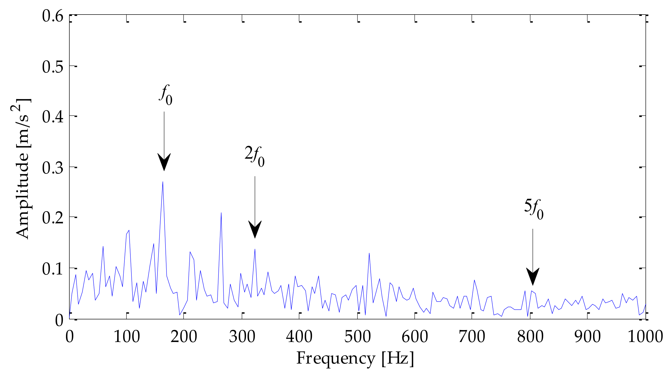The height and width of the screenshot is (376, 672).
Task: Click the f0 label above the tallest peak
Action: (x=166, y=95)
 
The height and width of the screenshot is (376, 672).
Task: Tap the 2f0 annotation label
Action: (x=254, y=156)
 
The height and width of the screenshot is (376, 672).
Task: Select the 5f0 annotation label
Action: (x=534, y=209)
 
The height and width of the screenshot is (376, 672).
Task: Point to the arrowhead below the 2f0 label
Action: (x=255, y=229)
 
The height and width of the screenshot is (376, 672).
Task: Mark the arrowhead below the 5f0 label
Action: (x=533, y=276)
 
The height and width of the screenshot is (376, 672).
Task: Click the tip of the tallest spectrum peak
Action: (x=163, y=182)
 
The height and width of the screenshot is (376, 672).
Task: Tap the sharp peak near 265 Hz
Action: (x=221, y=213)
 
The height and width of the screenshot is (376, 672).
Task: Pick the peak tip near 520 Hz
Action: (x=369, y=253)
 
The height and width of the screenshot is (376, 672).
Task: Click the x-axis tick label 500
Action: (x=357, y=337)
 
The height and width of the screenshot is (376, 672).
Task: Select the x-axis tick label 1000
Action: (x=645, y=337)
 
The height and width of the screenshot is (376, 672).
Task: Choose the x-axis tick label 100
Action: (x=127, y=337)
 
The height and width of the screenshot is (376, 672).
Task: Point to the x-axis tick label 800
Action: (x=530, y=337)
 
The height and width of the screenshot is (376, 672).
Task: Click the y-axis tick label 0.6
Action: (x=52, y=16)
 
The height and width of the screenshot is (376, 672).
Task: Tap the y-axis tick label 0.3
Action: (x=52, y=168)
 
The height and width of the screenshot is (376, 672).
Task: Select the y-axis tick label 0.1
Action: (x=52, y=269)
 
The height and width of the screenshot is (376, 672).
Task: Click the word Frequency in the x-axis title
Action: (x=335, y=359)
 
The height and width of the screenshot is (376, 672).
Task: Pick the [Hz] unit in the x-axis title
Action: (x=398, y=359)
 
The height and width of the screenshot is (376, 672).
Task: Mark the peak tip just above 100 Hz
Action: (x=129, y=231)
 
